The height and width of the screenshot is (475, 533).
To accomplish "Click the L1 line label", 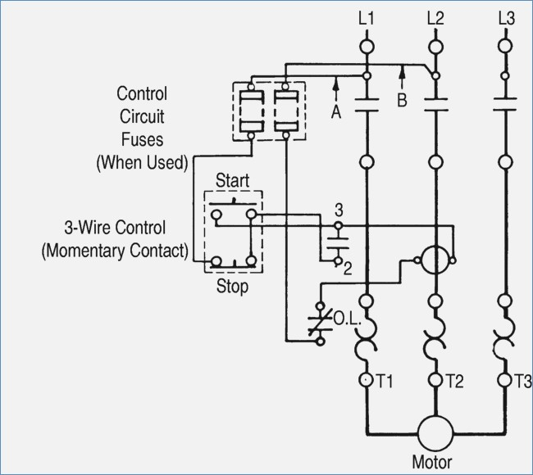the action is (366, 18).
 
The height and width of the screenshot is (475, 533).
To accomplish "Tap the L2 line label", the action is (435, 18).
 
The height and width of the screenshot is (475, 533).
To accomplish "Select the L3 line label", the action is (507, 18).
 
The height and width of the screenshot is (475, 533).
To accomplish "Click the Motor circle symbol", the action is (435, 433).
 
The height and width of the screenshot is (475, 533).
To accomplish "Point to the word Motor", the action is (431, 462).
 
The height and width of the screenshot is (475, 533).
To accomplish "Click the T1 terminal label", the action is (385, 381).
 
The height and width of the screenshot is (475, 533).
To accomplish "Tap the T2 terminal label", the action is (454, 381).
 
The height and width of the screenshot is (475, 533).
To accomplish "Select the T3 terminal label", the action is (523, 381).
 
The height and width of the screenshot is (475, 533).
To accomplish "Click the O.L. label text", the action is (347, 319).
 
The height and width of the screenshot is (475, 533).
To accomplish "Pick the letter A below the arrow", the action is (336, 111).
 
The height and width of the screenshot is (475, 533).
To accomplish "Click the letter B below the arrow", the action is (402, 101).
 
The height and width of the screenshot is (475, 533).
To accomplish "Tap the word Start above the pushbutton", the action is (233, 180).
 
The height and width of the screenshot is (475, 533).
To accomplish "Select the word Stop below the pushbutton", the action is (233, 286).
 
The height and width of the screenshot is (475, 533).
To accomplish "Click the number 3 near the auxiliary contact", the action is (339, 210).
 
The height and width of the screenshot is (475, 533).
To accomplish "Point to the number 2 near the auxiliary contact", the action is (348, 269).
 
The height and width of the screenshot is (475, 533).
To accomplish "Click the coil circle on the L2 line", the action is (435, 260).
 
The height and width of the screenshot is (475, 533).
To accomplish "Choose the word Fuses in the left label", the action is (142, 139).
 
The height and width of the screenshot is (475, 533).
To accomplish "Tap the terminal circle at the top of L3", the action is (505, 46).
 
